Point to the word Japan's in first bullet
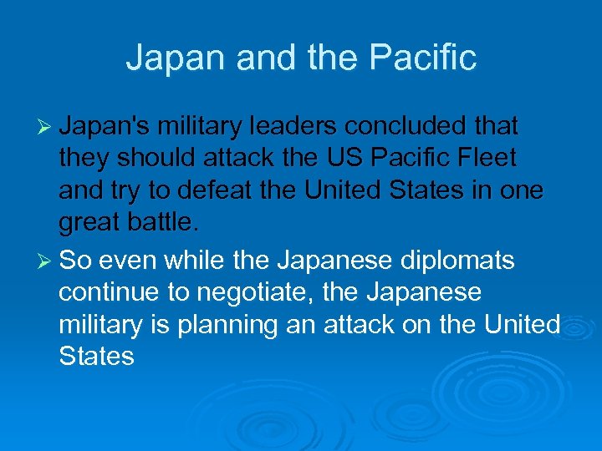pos(105,126)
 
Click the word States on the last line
pos(96,357)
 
